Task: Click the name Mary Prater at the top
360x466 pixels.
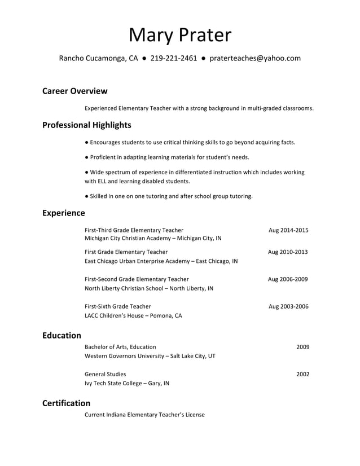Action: (x=180, y=35)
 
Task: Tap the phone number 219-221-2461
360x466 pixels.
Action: (x=174, y=58)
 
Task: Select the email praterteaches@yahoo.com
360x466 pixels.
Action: (x=255, y=58)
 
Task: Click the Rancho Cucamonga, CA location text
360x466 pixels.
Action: (x=99, y=58)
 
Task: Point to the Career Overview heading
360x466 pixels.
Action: (x=74, y=91)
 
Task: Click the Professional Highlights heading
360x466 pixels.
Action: (x=86, y=125)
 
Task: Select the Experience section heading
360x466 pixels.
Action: (x=64, y=213)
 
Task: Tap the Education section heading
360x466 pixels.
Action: (x=62, y=335)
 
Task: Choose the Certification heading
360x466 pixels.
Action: (x=66, y=403)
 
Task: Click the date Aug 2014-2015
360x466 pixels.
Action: (x=288, y=230)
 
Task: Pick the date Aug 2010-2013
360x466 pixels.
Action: (x=288, y=252)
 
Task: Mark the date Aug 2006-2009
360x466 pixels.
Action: (x=288, y=279)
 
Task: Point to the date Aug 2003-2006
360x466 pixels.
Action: (x=288, y=307)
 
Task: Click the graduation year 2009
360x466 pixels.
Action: (x=302, y=347)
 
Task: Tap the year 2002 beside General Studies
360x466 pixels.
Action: (x=302, y=374)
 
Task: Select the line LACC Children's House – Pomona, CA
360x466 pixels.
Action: (x=133, y=316)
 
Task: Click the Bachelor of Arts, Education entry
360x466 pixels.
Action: (x=120, y=347)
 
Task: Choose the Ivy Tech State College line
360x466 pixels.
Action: (x=126, y=384)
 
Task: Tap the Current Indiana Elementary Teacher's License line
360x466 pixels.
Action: (x=144, y=415)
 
